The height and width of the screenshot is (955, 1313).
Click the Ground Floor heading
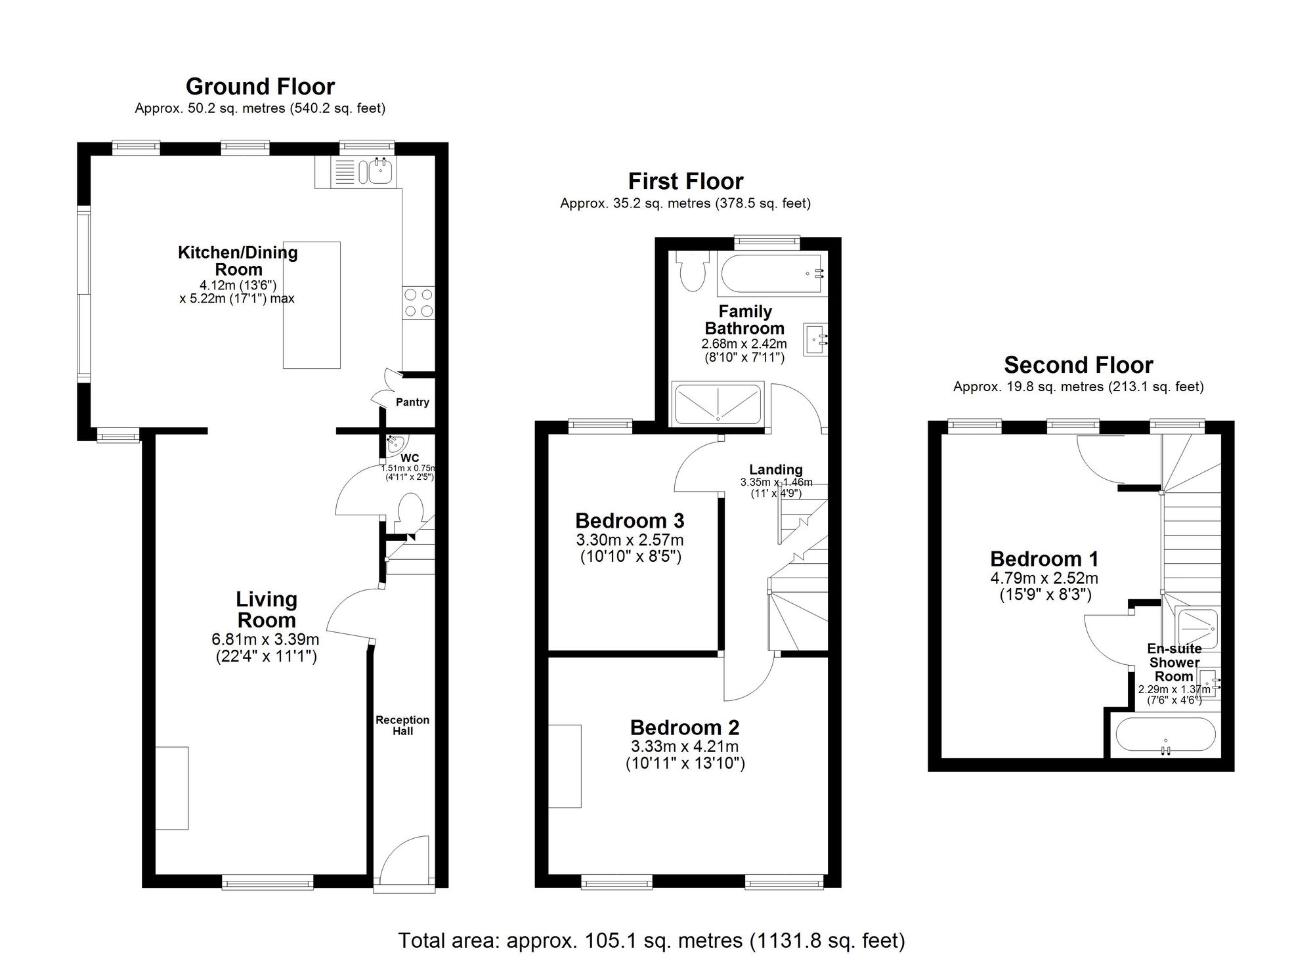pos(260,87)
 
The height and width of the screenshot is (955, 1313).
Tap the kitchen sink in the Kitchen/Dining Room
pos(380,172)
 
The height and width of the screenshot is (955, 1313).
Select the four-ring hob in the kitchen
pos(418,303)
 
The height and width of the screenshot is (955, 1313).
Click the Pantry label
pos(412,402)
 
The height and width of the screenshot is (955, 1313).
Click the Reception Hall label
pos(402,725)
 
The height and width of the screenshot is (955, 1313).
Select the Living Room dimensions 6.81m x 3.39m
pos(266,639)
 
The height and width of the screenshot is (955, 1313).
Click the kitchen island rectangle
pos(312,305)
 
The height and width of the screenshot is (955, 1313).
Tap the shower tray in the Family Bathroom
pos(718,404)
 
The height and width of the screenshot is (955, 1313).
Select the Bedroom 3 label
pos(630,520)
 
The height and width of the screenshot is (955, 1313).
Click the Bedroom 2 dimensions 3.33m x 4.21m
pos(684,746)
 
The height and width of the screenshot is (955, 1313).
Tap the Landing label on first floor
pos(775,469)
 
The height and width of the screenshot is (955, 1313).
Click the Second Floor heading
pos(1078,365)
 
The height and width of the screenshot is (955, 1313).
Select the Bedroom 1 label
pos(1044,559)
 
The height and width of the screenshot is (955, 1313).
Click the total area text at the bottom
pos(651,940)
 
